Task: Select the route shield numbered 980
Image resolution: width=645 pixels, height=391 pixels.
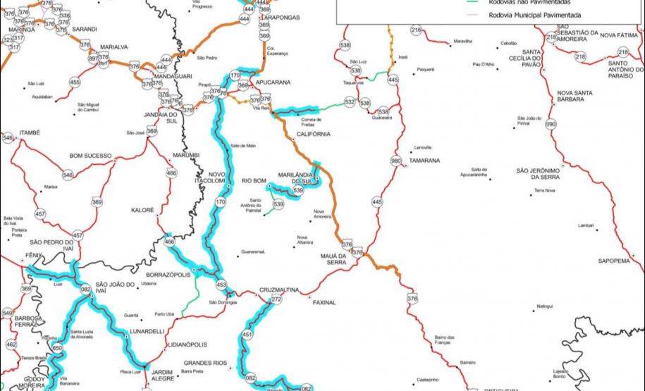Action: [395, 160]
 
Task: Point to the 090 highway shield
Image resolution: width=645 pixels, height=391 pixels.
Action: [551, 124]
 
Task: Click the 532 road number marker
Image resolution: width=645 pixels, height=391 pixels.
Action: [350, 102]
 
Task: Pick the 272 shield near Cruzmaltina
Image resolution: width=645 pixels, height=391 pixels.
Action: [276, 300]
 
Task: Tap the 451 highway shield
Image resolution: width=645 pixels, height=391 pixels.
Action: [247, 335]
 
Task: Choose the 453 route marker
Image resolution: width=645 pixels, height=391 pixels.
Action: [221, 285]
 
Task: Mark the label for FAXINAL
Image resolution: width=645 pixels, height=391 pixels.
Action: [321, 302]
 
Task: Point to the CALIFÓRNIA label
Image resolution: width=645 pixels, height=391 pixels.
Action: [313, 134]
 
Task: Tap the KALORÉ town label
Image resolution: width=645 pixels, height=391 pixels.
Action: [142, 210]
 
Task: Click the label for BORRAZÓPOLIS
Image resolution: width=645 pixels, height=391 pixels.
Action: [168, 275]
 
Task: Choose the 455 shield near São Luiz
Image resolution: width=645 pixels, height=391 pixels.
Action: [75, 82]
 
